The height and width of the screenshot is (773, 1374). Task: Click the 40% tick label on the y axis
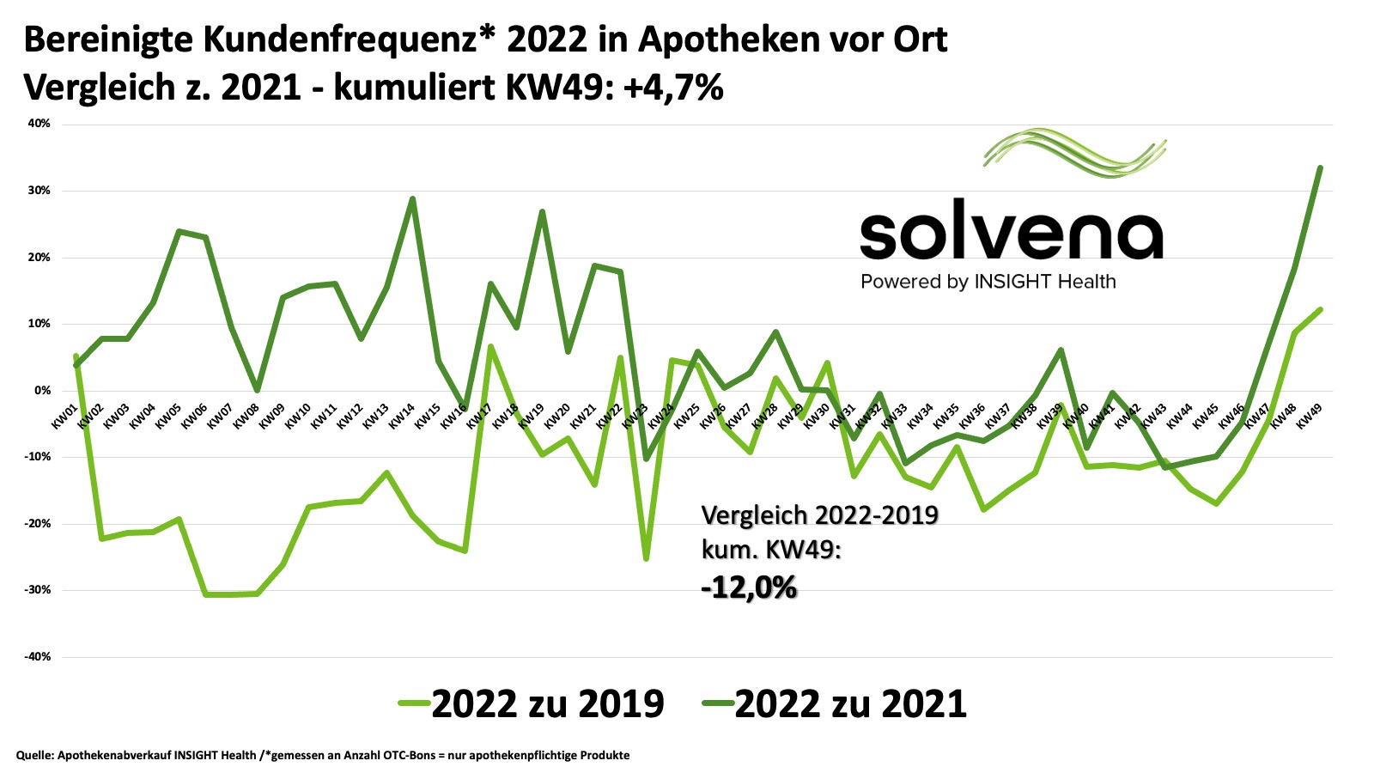click(40, 124)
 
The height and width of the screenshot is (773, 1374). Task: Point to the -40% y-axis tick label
click(39, 657)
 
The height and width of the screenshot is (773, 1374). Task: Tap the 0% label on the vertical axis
click(43, 391)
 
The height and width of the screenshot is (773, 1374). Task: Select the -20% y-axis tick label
click(39, 524)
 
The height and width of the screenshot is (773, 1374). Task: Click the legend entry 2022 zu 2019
click(532, 703)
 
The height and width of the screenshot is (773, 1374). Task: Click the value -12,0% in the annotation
click(749, 588)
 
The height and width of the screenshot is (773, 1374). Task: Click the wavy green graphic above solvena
click(1075, 153)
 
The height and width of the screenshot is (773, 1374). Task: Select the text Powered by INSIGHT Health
click(988, 282)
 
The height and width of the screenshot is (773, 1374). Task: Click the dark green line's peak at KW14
click(413, 199)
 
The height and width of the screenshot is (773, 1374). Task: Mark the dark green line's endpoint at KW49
click(1320, 168)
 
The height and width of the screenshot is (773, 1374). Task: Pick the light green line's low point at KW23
click(646, 559)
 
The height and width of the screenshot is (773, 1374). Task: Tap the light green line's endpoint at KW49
click(1320, 309)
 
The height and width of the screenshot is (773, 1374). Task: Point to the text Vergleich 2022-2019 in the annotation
click(819, 515)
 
